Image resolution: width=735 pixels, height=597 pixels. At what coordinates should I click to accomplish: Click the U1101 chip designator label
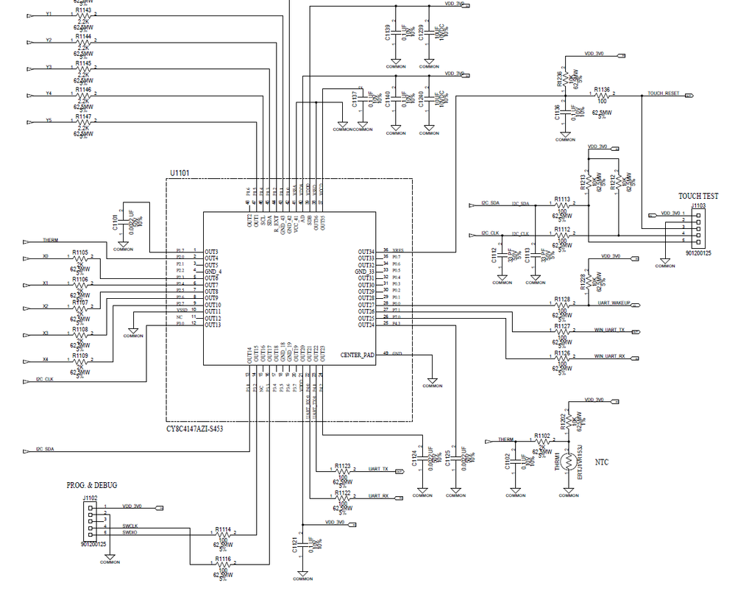point(180,173)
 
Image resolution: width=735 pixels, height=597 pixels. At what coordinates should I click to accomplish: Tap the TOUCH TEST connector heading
point(697,196)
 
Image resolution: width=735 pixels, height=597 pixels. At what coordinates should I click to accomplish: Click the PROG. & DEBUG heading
point(92,485)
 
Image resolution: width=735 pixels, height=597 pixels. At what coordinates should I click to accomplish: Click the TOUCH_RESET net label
point(664,95)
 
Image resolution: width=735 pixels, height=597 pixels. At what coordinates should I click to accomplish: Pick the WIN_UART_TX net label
point(609,330)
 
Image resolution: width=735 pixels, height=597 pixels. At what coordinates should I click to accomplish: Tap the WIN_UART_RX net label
point(609,356)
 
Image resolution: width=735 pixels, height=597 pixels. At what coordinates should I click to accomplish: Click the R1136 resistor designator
point(601,89)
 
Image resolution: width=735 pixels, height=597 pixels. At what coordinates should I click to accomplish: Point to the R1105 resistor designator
point(80,252)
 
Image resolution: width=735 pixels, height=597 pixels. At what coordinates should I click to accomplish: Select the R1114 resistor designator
point(223,529)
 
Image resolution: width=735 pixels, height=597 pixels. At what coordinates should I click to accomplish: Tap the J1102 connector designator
point(90,498)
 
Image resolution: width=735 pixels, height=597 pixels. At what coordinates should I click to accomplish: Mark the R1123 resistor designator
point(343,465)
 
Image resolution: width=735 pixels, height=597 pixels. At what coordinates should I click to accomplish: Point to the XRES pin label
point(398,251)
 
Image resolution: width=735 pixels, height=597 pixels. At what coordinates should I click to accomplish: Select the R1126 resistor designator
point(562,353)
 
